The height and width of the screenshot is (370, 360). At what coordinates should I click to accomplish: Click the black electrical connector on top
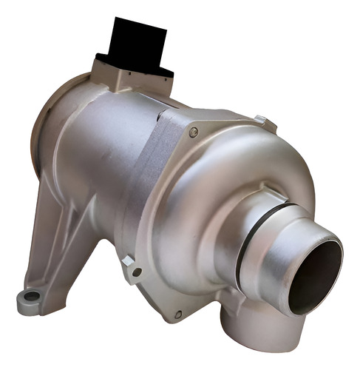(139, 42)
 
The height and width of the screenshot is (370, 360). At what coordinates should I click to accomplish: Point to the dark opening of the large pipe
(313, 275)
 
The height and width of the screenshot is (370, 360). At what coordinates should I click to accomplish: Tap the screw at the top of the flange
(194, 132)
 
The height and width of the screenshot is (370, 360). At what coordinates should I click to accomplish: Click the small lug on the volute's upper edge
(264, 121)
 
